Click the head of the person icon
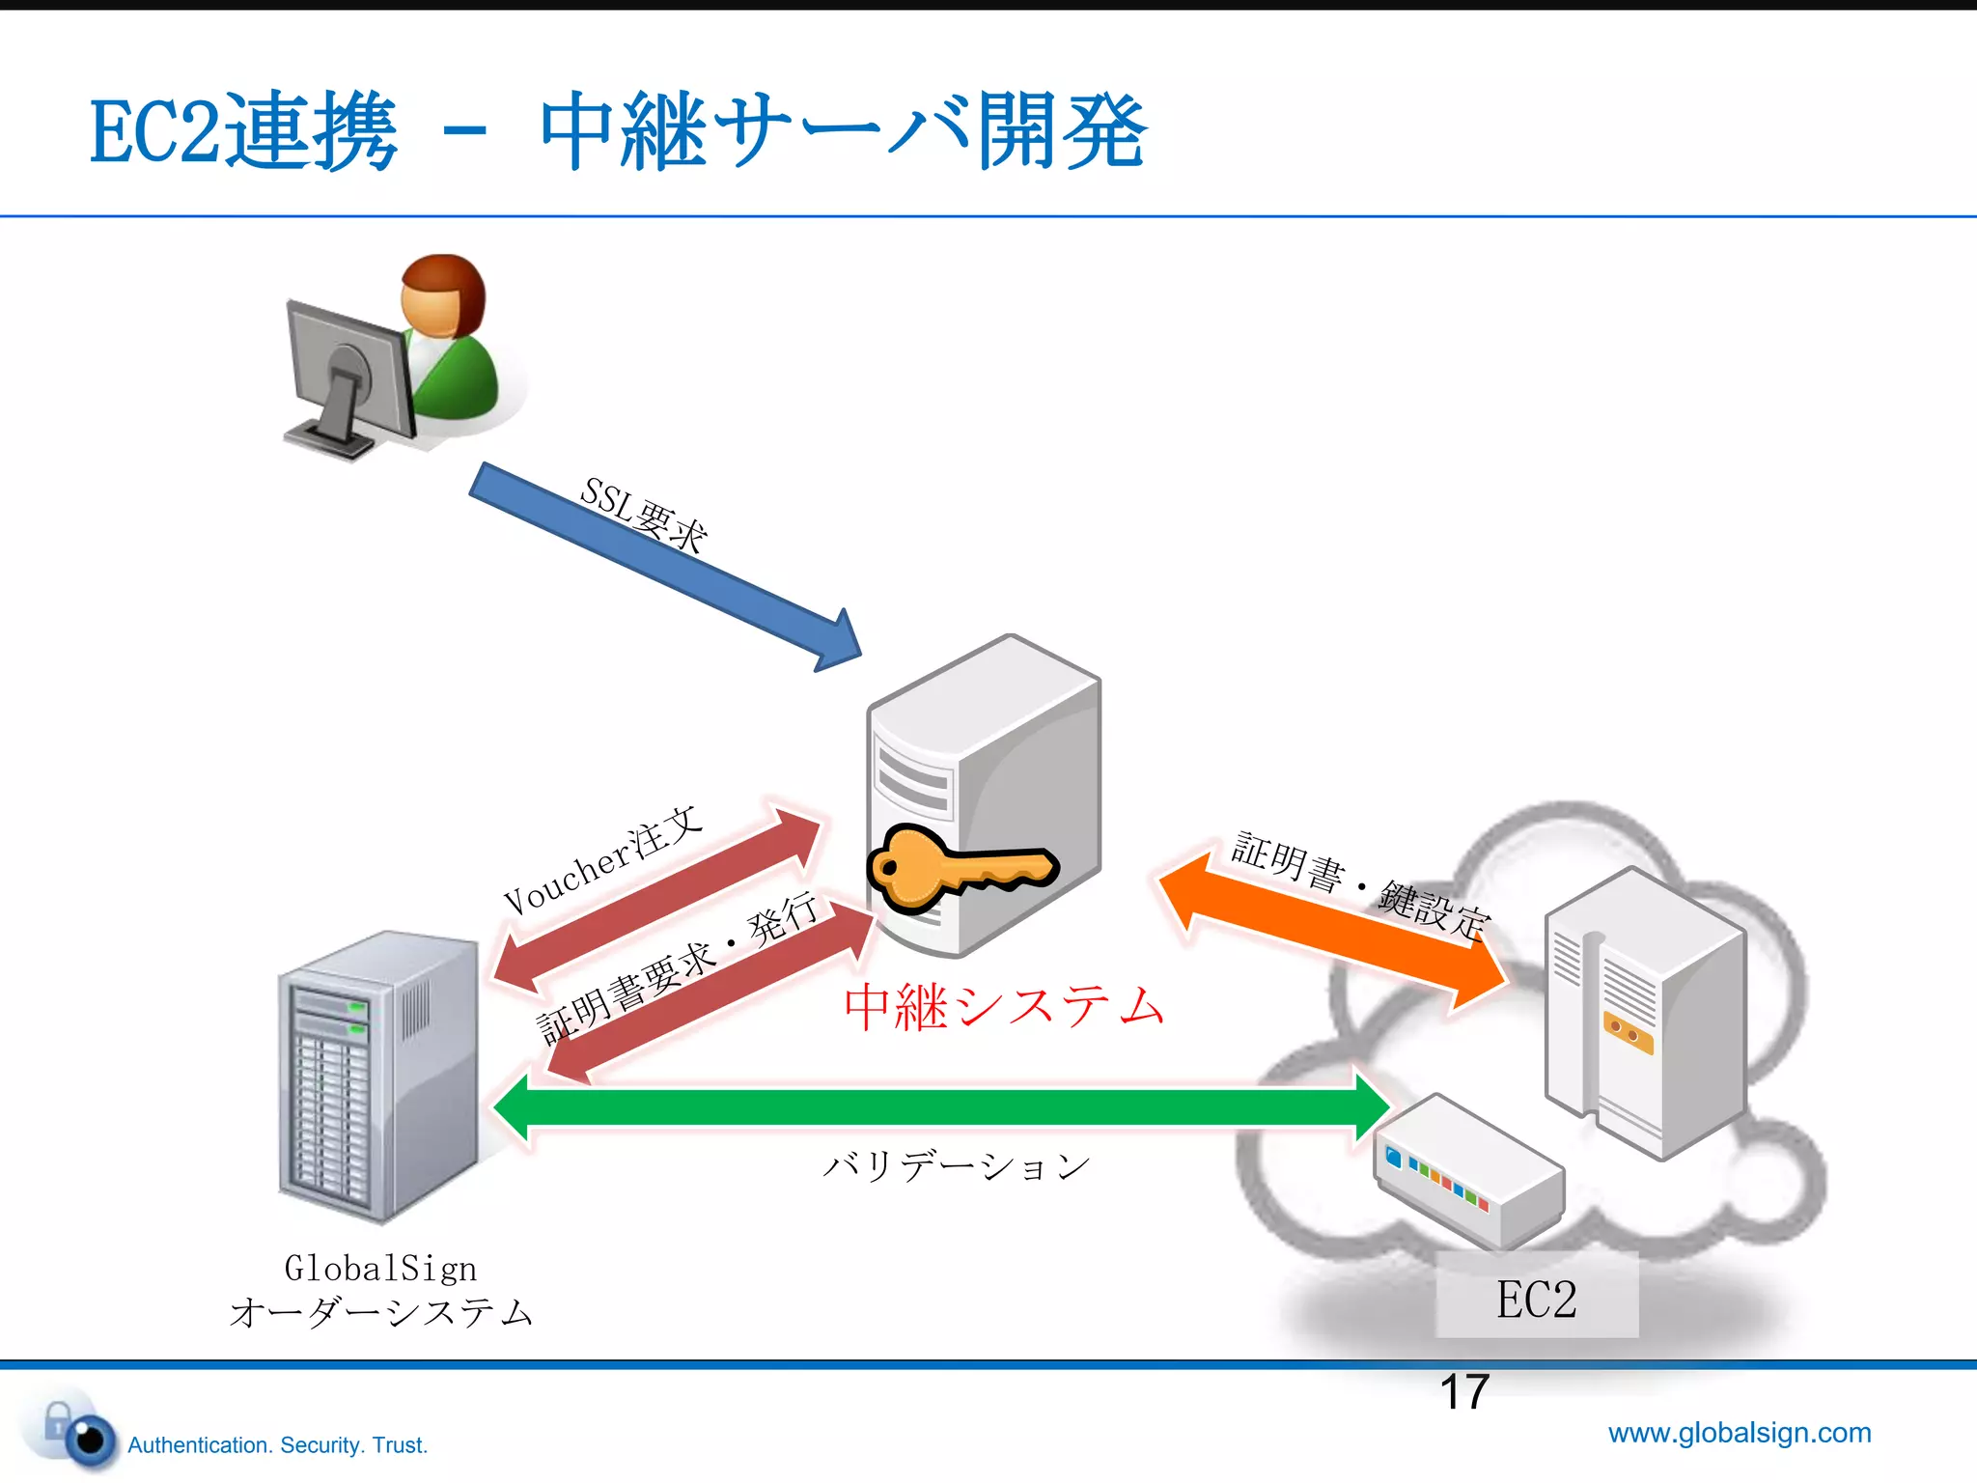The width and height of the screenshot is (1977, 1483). (443, 294)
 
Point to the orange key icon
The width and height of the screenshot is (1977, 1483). (956, 867)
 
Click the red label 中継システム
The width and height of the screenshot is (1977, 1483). (1004, 1006)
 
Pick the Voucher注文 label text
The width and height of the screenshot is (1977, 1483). (602, 859)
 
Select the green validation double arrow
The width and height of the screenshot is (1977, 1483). (941, 1106)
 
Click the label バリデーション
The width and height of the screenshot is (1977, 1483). (956, 1166)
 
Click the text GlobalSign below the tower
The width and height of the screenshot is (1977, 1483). (380, 1268)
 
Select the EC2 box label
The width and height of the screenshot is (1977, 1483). (1537, 1298)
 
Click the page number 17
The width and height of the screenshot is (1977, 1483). (1463, 1393)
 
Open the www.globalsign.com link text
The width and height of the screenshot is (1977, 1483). (1740, 1432)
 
